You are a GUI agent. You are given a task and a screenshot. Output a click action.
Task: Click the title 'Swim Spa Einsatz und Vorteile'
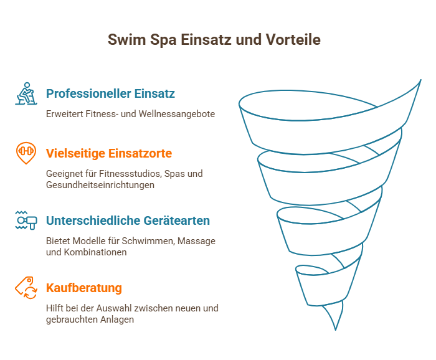point(214,39)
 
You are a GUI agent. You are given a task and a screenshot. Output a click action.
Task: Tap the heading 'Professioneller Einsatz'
point(110,93)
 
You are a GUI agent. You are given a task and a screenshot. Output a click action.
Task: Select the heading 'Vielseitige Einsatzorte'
point(109,153)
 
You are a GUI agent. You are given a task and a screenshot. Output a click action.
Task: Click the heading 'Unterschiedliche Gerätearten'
point(128,220)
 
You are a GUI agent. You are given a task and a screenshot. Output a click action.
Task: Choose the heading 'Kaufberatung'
point(84,288)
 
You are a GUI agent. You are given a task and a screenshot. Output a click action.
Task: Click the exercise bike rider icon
point(26,93)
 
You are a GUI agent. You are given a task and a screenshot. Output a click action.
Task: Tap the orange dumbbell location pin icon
point(26,153)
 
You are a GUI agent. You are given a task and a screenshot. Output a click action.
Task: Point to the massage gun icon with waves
point(26,220)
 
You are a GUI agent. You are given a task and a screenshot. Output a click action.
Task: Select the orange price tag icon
point(26,288)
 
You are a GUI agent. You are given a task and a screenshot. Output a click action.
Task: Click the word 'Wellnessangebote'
point(176,114)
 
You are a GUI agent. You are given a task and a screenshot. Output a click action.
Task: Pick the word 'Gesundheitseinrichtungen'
point(100,185)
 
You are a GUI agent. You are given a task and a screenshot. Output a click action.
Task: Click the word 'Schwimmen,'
point(148,241)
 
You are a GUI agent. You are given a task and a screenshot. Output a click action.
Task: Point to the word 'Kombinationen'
point(95,252)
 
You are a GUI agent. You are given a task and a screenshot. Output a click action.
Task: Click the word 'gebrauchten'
point(72,320)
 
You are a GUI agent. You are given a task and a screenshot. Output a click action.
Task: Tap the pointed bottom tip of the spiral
point(336,330)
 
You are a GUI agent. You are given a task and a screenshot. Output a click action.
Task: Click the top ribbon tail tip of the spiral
point(420,80)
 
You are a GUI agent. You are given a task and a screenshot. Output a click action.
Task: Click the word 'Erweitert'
point(65,114)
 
